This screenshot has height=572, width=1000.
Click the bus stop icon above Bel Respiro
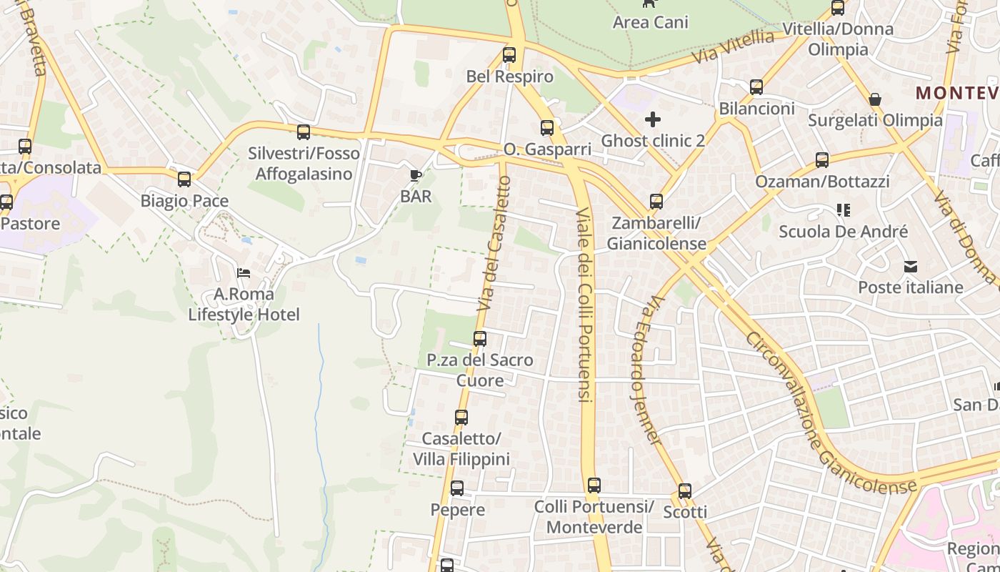coord(509,54)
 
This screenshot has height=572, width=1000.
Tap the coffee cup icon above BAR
coord(415,175)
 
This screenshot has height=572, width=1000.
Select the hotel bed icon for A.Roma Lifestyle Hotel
coord(244,273)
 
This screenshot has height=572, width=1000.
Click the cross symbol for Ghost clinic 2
coord(653,119)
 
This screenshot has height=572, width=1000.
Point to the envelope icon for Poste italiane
coord(911,267)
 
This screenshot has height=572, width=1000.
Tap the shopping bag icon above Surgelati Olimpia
coord(875,99)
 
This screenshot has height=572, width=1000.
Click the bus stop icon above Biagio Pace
coord(184,179)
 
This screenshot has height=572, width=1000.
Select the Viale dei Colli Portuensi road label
coord(584,305)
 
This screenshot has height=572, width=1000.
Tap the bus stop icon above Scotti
coord(685,491)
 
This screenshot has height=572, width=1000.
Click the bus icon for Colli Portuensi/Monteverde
coord(594,485)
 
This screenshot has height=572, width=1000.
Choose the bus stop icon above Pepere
coord(457,488)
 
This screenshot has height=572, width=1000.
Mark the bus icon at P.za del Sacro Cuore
coord(480,339)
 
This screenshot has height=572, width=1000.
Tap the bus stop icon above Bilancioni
coord(756,87)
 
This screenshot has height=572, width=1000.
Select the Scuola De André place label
coord(843,232)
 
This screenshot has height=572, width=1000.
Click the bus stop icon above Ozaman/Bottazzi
coord(822,160)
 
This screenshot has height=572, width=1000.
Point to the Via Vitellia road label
coord(733,47)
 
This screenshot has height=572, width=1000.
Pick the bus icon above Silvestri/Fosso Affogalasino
coord(304,132)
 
